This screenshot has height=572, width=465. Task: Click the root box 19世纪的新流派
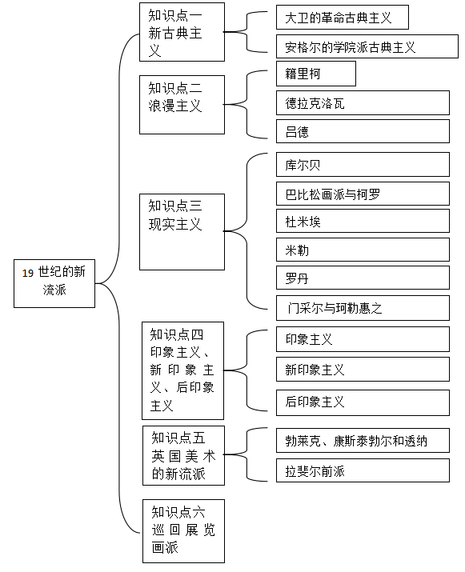(54, 283)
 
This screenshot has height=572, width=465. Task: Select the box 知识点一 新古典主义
(182, 32)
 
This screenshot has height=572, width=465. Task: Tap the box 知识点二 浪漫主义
(182, 105)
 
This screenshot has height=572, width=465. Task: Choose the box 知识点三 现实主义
(182, 232)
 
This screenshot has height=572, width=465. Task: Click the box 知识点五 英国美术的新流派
(183, 456)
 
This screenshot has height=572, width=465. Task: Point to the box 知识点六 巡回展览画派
(183, 531)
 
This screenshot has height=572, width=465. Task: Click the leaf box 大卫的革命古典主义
(343, 17)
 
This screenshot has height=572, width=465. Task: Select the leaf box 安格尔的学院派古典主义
(367, 46)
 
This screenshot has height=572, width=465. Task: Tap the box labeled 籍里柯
(316, 74)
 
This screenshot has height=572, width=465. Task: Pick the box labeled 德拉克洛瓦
(363, 103)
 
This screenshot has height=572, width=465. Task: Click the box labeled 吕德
(363, 131)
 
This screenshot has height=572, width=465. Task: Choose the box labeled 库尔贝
(363, 165)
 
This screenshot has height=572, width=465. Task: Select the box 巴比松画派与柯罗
(363, 194)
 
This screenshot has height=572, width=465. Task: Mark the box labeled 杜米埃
(363, 221)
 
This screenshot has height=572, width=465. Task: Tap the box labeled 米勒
(363, 250)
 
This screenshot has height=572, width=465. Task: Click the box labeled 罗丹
(363, 278)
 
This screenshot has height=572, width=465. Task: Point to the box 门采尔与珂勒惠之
(363, 308)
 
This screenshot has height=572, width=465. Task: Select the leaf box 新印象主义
(363, 370)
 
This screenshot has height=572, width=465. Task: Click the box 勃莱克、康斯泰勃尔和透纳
(363, 441)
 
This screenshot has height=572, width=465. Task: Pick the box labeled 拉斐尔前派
(363, 470)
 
